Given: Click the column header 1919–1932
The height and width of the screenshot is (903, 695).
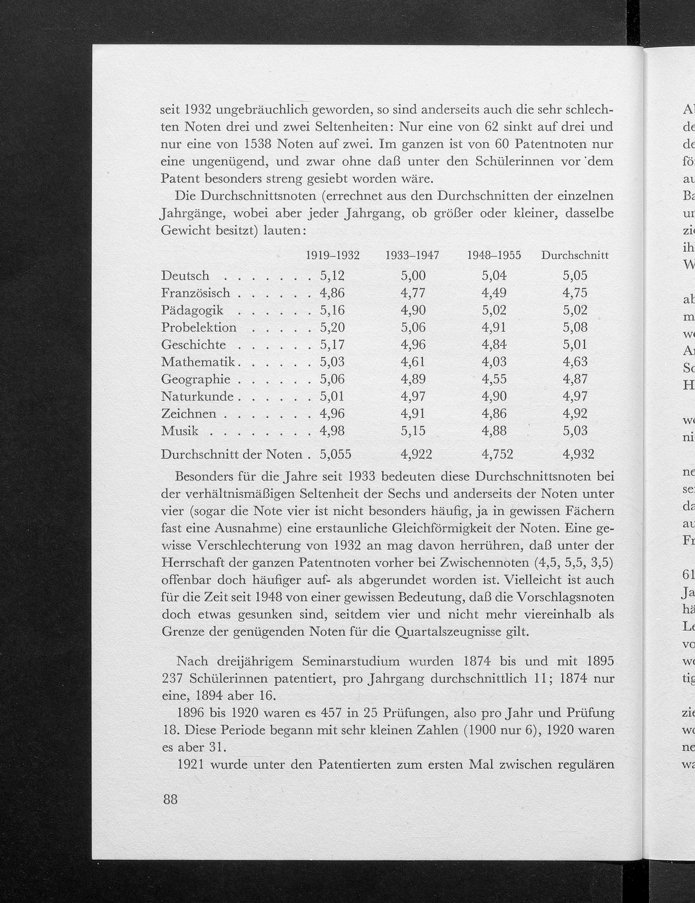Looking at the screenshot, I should pos(332,256).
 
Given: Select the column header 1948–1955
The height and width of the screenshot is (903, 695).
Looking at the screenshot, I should pos(493,256).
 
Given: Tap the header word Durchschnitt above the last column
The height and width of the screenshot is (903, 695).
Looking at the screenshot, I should pos(575,256).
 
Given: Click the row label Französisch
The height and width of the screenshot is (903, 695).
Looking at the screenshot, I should pos(195,293).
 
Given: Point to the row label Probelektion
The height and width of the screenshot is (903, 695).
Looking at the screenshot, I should pos(198,328).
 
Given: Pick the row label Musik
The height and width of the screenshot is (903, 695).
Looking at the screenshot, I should pos(180,431).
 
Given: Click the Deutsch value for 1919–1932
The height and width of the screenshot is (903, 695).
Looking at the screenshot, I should pos(332,275).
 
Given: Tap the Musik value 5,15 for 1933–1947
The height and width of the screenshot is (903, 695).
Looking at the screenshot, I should pos(413,431).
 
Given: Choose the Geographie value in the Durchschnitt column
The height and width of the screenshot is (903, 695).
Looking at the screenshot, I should pos(575,379).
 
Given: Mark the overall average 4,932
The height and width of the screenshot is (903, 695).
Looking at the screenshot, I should pos(578,455).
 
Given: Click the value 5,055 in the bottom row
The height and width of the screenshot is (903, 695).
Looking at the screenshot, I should pos(335,455).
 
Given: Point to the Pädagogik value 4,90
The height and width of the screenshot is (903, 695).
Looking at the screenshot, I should pos(413,310).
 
